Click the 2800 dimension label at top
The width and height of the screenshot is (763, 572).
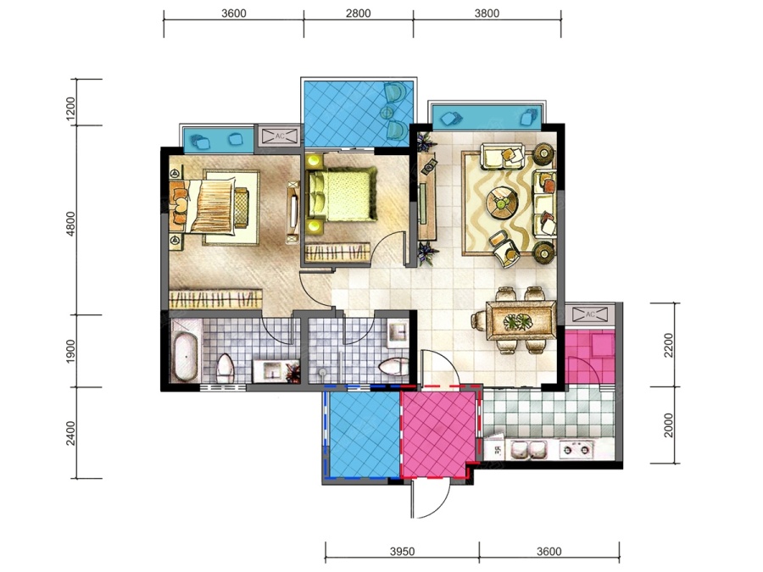(358, 13)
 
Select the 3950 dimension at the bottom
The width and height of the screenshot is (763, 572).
(403, 552)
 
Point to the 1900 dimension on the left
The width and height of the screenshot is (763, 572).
(70, 351)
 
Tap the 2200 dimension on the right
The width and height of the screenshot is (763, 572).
(669, 345)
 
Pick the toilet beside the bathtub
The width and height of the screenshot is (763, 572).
(226, 369)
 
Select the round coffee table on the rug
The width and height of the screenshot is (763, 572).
(502, 202)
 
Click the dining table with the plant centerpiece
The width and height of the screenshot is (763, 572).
(521, 320)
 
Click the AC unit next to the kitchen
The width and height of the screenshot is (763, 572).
(590, 314)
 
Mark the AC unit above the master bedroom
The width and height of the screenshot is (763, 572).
(279, 136)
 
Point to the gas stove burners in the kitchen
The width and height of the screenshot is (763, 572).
(576, 449)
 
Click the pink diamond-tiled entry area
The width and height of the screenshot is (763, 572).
(437, 434)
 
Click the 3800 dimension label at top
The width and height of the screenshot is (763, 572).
(487, 13)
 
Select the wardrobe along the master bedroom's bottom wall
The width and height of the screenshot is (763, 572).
(215, 298)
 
